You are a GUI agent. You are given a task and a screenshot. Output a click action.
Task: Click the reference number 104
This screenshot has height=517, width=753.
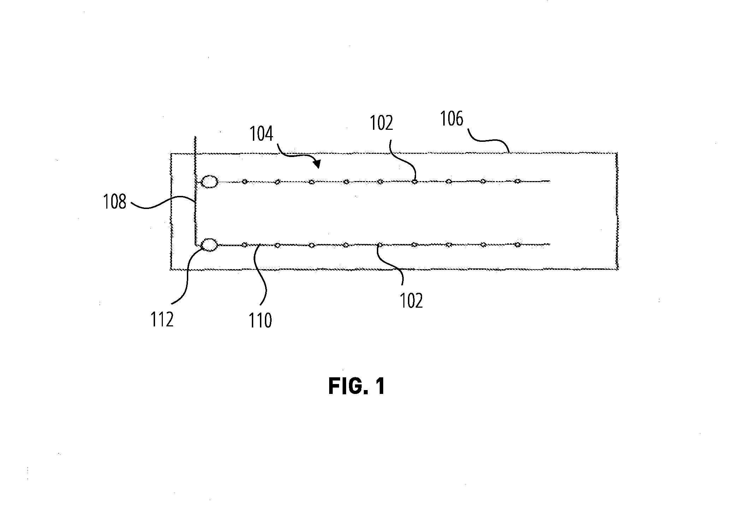[x=261, y=135]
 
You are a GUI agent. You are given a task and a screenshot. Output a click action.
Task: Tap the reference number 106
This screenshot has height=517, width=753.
[x=451, y=119]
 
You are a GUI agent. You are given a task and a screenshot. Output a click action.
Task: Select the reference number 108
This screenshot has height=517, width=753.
[x=114, y=202]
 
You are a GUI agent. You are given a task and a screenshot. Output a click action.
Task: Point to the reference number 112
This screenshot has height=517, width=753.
[x=162, y=320]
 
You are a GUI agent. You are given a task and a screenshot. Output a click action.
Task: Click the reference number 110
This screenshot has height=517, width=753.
[x=261, y=321]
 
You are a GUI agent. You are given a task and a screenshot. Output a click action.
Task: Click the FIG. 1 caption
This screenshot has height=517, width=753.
[x=357, y=387]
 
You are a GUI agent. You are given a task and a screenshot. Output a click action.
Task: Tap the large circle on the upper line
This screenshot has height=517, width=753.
[x=209, y=182]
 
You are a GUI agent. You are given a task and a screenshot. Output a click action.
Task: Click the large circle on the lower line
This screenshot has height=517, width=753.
[x=209, y=245]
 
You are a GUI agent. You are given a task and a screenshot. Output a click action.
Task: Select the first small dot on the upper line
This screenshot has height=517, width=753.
[x=244, y=182]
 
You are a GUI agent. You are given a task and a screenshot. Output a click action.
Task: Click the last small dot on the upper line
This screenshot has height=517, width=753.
[x=517, y=181]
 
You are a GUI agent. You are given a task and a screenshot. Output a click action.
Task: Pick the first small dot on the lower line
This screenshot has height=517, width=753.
[x=244, y=245]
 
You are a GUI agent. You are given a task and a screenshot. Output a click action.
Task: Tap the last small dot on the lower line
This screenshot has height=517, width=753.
[x=517, y=244]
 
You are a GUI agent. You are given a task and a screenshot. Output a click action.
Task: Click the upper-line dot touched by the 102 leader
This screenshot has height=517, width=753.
[x=415, y=182]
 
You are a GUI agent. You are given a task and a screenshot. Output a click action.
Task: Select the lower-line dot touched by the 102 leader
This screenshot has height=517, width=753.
[x=380, y=245]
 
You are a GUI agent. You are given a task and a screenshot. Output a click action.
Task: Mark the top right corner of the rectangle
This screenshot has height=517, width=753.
[x=617, y=153]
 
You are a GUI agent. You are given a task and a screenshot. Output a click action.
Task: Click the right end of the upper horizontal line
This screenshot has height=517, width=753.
[x=550, y=181]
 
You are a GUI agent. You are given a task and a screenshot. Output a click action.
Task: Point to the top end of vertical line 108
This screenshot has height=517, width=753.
[x=195, y=136]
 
